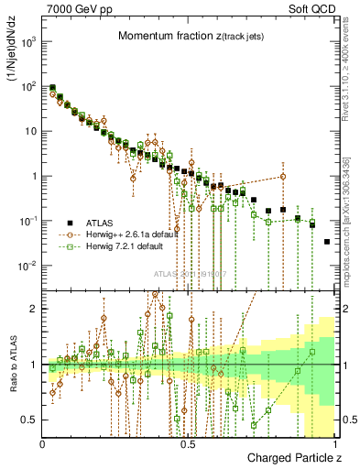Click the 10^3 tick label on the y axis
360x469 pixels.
29,42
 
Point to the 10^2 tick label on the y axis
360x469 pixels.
29,87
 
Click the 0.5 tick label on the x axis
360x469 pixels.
189,442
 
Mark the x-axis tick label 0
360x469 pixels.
43,442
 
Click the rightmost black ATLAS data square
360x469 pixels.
327,242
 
